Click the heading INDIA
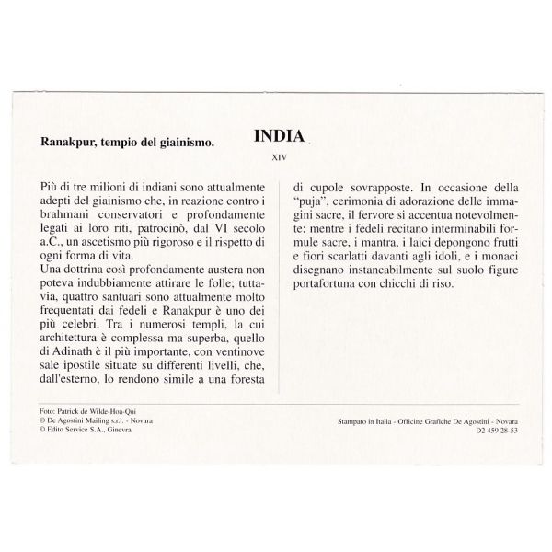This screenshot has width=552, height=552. point(279,137)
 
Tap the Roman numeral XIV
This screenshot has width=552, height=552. point(278,156)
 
